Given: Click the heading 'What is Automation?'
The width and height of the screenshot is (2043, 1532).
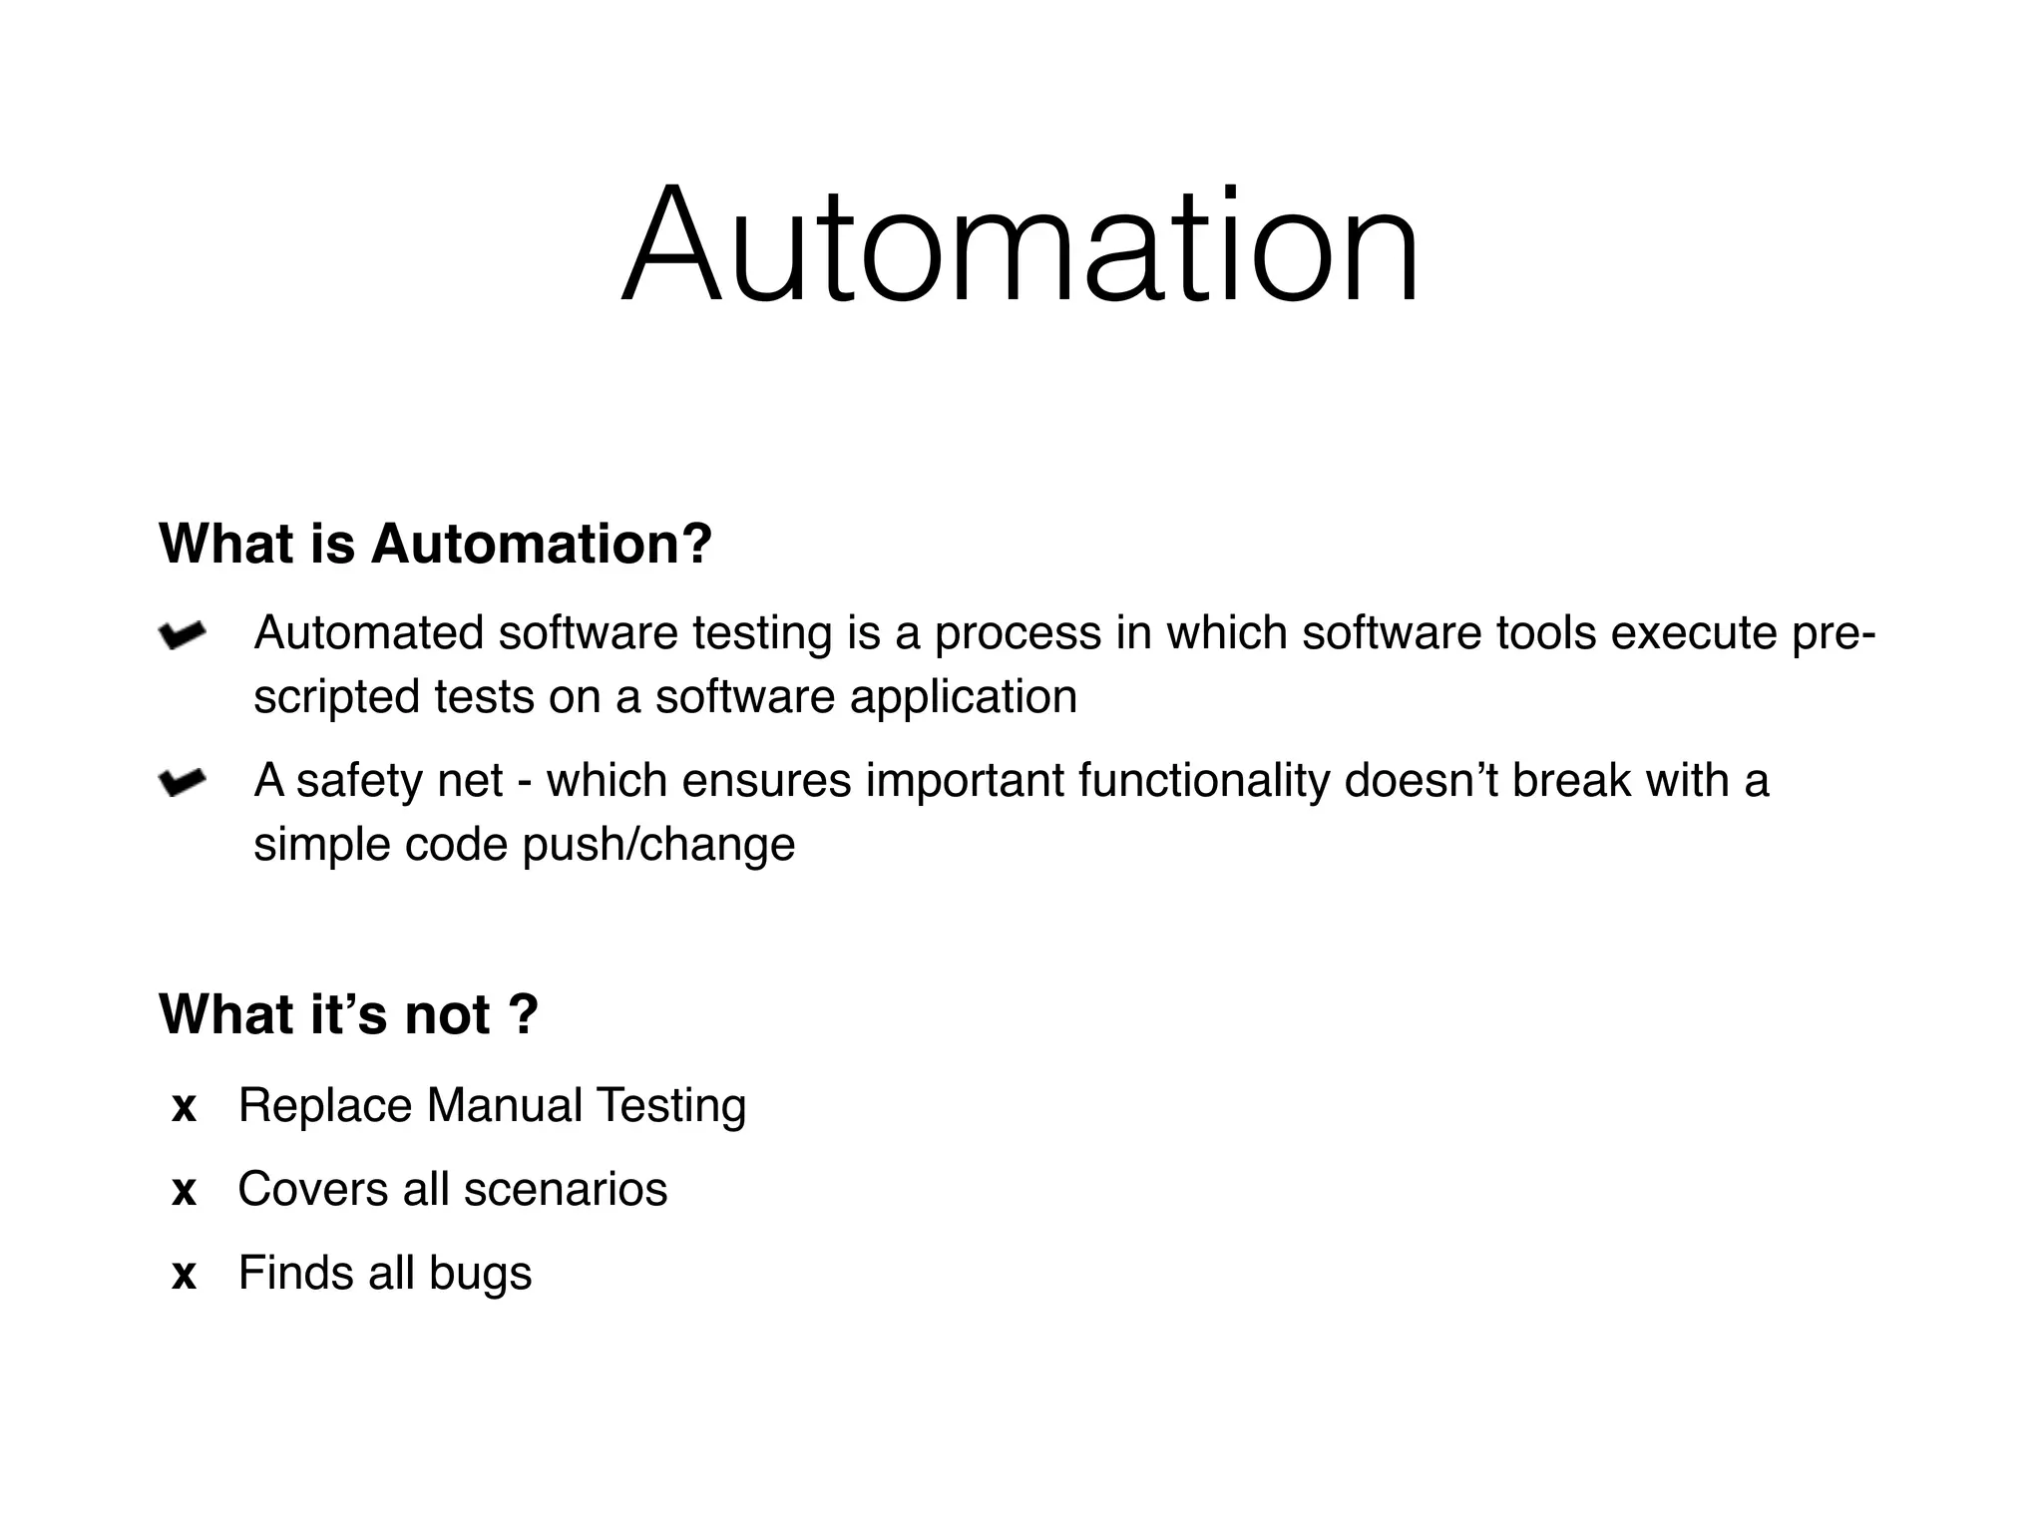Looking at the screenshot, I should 435,545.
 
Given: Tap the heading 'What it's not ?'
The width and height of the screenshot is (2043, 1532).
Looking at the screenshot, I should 348,1014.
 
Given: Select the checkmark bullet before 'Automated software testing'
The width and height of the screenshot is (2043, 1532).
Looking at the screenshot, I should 182,634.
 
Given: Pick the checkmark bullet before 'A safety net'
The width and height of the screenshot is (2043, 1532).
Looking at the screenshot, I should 182,782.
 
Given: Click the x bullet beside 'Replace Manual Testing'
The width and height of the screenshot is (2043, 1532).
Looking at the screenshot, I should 184,1108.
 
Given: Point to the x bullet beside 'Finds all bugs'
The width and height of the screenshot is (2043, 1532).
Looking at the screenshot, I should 184,1276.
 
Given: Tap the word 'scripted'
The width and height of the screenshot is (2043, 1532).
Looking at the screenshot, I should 336,697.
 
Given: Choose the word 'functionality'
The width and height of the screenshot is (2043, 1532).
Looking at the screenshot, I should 1204,780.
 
